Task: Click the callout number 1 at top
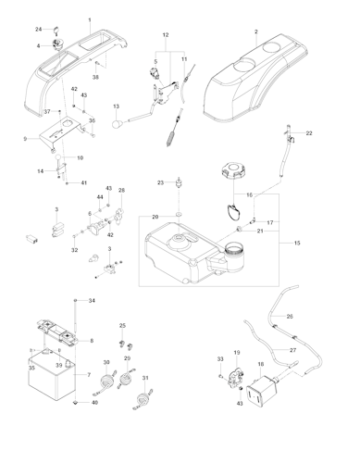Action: pyautogui.click(x=90, y=19)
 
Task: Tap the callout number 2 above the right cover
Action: pyautogui.click(x=254, y=32)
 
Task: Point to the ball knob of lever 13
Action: pyautogui.click(x=118, y=119)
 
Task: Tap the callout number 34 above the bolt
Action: pyautogui.click(x=92, y=302)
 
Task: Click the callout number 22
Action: pyautogui.click(x=309, y=134)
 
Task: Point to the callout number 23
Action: pyautogui.click(x=160, y=181)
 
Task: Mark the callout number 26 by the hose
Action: pyautogui.click(x=289, y=317)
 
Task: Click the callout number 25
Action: pyautogui.click(x=123, y=326)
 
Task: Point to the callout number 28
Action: pyautogui.click(x=120, y=191)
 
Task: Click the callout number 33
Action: pyautogui.click(x=219, y=358)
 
